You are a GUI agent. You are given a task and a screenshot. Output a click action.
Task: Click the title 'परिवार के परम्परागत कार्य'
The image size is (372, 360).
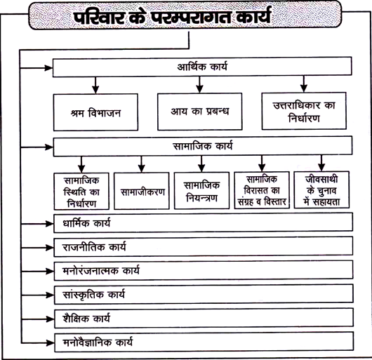[172, 16]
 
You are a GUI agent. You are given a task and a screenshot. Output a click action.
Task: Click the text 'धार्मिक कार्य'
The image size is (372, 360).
[86, 223]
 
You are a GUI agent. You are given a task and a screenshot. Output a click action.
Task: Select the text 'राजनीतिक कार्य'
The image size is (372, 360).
[94, 247]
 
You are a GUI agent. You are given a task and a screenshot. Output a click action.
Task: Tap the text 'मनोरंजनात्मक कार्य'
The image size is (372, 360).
[101, 271]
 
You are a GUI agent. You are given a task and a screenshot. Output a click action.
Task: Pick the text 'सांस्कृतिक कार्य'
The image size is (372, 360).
[93, 295]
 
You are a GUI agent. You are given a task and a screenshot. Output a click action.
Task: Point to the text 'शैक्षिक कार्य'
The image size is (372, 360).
[86, 319]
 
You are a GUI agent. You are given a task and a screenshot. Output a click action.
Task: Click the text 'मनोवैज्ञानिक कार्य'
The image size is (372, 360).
[98, 342]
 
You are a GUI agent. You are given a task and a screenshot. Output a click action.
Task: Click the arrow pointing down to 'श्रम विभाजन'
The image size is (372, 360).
[95, 85]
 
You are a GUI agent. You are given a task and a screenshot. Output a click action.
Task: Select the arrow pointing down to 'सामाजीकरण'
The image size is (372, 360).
[142, 164]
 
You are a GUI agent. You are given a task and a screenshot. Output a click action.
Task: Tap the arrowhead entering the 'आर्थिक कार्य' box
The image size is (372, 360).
[49, 68]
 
